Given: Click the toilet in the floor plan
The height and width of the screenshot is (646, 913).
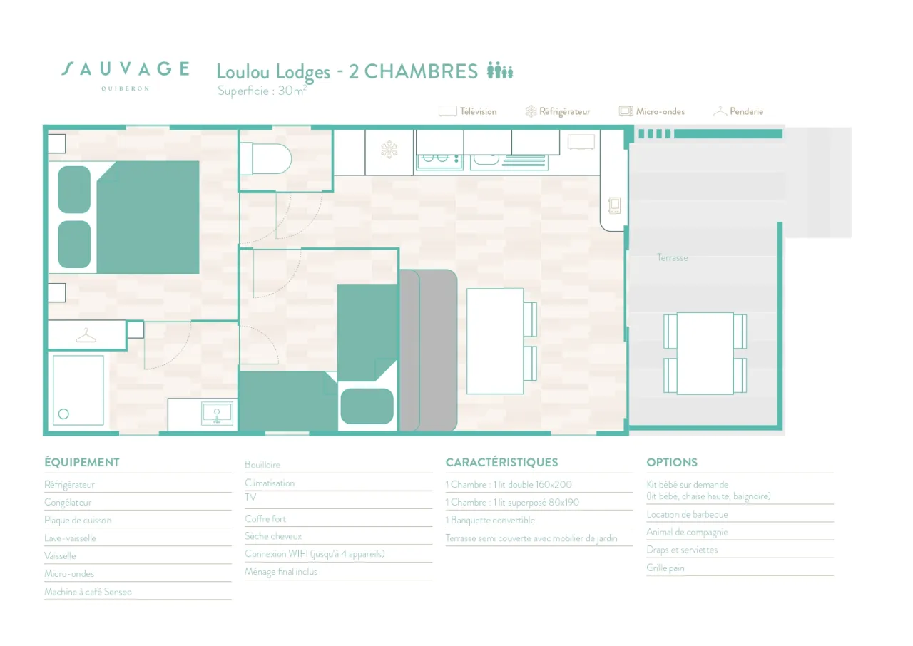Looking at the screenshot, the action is click(x=266, y=158).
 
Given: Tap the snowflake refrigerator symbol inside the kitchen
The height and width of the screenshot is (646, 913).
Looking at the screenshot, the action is click(x=389, y=150).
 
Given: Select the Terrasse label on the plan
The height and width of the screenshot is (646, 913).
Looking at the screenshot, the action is click(x=672, y=258).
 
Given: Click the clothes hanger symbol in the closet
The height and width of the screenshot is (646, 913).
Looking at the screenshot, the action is click(x=86, y=336).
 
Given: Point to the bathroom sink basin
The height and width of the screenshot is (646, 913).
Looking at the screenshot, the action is click(x=217, y=414).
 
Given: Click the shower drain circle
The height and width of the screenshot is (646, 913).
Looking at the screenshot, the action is click(x=63, y=414).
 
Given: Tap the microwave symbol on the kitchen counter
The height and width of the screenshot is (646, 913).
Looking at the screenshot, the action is click(x=614, y=205).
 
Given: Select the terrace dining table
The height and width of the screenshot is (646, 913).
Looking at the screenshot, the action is click(x=705, y=353).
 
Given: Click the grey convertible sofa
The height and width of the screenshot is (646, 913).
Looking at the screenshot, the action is click(x=428, y=350).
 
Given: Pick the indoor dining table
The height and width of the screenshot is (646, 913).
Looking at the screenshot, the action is click(x=495, y=342).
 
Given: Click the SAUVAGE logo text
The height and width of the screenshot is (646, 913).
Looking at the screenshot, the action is click(x=125, y=69).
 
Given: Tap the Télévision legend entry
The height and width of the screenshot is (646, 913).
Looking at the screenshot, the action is click(x=467, y=111).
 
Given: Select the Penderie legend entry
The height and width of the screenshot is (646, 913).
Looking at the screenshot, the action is click(x=738, y=111).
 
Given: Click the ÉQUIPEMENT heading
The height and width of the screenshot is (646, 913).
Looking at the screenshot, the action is click(x=82, y=462).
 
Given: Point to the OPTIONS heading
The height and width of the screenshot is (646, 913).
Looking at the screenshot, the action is click(x=672, y=462).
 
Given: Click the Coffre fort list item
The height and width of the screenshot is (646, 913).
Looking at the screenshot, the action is click(x=265, y=518).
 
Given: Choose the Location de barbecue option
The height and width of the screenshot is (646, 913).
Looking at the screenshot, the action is click(x=687, y=514).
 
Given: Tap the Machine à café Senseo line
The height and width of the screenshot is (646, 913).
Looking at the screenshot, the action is click(x=88, y=592).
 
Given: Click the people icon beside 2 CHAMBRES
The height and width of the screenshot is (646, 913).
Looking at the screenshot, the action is click(x=500, y=70).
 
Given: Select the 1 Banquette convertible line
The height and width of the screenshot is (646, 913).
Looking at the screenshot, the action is click(x=490, y=520).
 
